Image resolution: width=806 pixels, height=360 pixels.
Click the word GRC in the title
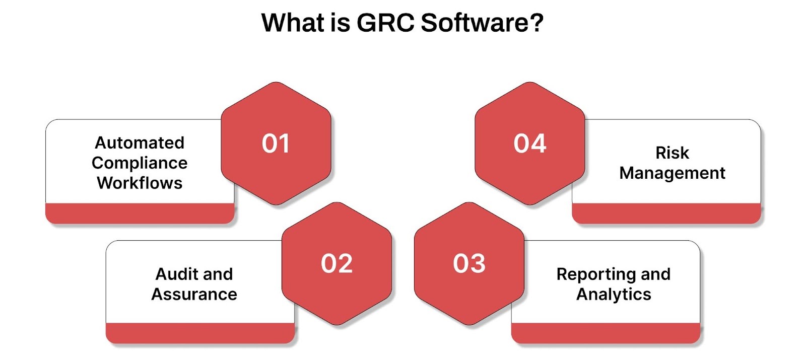click(x=385, y=23)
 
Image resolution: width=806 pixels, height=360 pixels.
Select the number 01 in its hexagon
click(x=276, y=143)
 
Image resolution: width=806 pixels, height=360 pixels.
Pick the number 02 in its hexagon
click(x=337, y=264)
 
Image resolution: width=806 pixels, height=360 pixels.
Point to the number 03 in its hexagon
click(x=469, y=264)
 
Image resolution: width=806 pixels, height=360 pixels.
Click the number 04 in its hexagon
click(x=530, y=143)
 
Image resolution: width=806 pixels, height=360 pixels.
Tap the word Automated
click(x=140, y=143)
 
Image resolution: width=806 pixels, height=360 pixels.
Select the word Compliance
click(x=140, y=163)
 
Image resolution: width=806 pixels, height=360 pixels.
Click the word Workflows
click(x=140, y=183)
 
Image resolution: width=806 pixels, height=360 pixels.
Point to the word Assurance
click(x=194, y=295)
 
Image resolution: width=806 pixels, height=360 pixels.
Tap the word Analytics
click(x=614, y=295)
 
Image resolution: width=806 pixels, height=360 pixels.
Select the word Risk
click(x=672, y=153)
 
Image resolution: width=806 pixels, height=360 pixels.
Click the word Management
click(x=672, y=173)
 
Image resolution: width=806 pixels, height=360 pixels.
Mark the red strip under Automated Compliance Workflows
click(x=140, y=213)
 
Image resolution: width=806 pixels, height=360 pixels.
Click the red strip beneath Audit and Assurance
click(x=200, y=333)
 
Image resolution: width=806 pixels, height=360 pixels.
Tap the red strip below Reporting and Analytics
click(x=606, y=333)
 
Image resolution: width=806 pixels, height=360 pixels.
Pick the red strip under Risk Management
click(x=666, y=213)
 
